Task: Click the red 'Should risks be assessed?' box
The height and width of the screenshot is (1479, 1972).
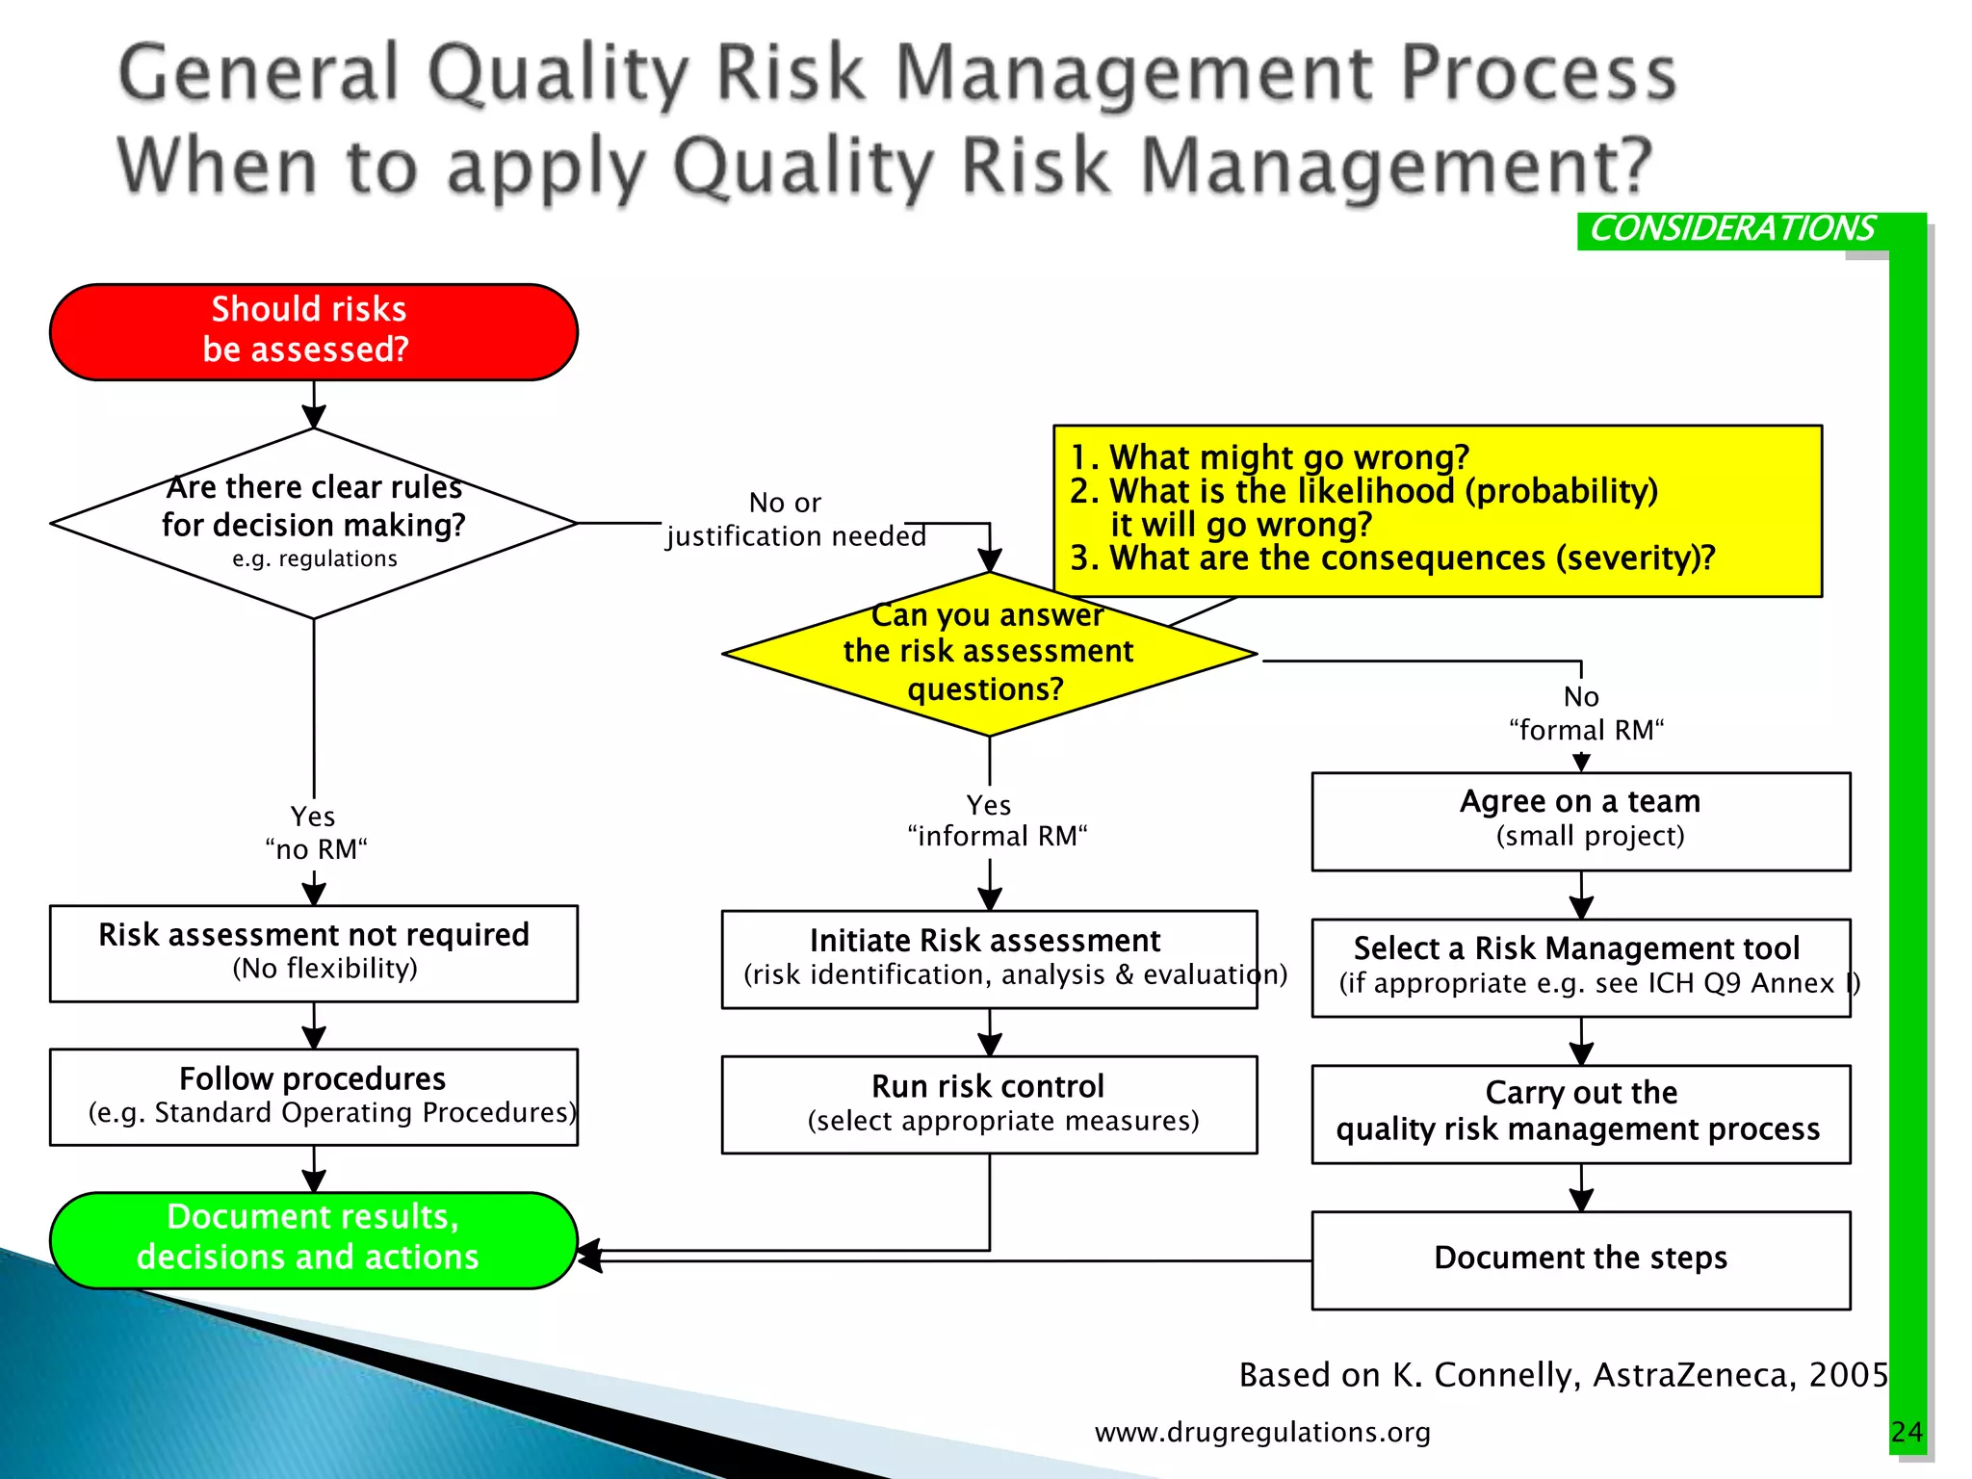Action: click(313, 331)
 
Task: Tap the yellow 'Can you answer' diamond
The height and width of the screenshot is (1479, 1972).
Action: click(989, 654)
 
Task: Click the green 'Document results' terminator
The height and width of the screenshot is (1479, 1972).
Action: click(313, 1239)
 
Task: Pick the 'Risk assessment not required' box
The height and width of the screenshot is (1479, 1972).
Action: click(313, 952)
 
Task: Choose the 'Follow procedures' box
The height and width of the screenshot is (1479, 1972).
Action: click(313, 1096)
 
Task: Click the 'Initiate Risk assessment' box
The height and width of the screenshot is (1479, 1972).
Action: click(989, 958)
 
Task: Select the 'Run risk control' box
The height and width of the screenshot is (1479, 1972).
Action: click(989, 1103)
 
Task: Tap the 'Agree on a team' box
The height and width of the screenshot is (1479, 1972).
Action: click(1580, 820)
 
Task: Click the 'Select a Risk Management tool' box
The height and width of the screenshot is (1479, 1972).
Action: click(1580, 967)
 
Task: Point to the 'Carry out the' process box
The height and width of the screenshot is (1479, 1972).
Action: click(1580, 1113)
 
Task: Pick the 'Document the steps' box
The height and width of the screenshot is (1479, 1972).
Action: click(1580, 1258)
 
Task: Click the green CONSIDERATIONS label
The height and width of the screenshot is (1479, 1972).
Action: click(1731, 229)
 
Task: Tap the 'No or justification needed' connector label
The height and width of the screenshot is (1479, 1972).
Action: click(793, 520)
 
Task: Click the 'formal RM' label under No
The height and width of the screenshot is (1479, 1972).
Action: click(1585, 730)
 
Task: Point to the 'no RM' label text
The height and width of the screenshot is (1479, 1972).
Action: click(316, 849)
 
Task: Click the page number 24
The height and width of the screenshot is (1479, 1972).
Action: click(1906, 1432)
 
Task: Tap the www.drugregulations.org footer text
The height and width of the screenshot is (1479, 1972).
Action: click(1261, 1432)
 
